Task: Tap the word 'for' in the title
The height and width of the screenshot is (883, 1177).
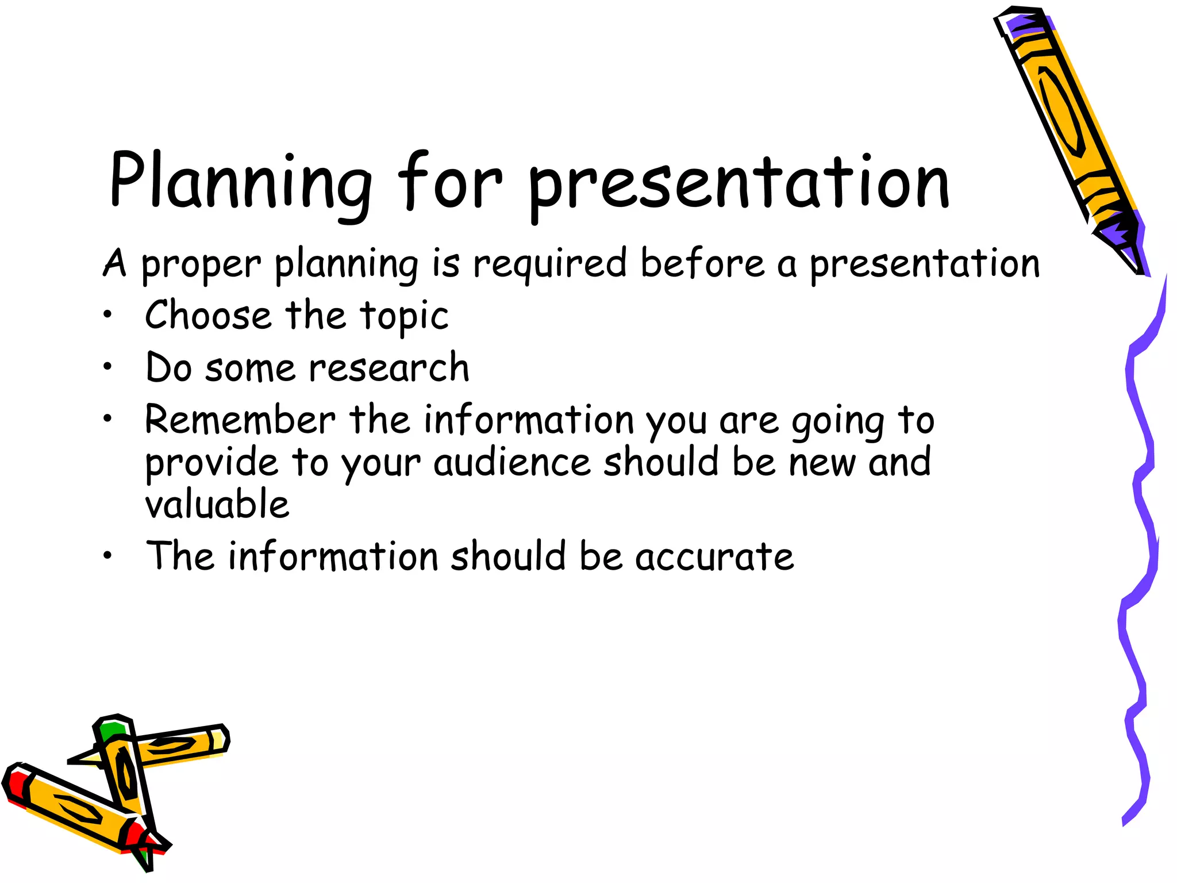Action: [449, 181]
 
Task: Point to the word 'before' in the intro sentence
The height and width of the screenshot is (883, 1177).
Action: [703, 263]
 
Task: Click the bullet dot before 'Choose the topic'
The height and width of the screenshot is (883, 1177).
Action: [107, 314]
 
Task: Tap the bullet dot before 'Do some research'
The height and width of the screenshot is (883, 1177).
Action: [107, 366]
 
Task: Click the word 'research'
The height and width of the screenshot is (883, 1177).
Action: [389, 367]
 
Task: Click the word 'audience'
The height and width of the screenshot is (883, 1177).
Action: [512, 463]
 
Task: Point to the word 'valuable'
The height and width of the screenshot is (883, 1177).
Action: [217, 504]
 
